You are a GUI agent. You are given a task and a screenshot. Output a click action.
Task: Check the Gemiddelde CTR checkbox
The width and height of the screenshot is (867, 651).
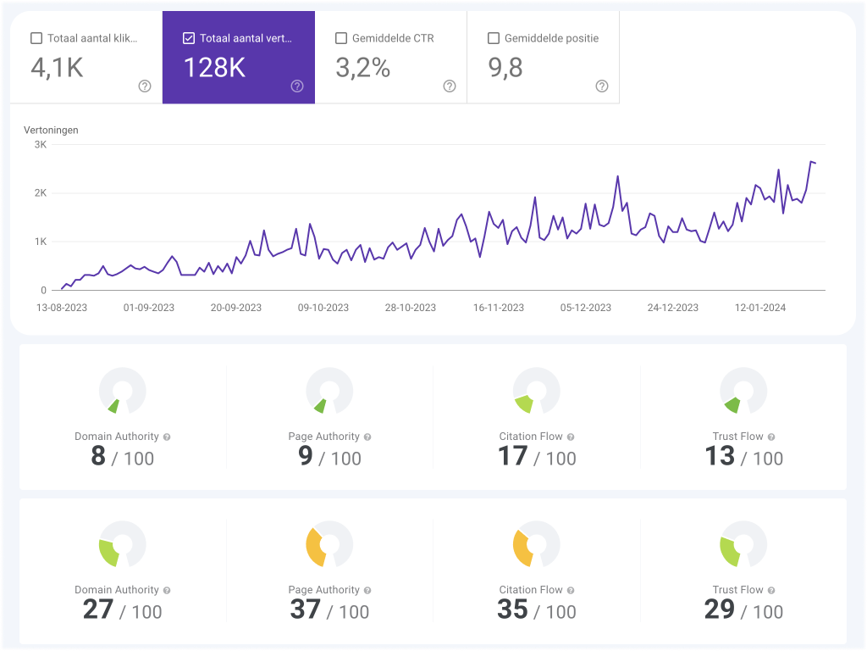[341, 38]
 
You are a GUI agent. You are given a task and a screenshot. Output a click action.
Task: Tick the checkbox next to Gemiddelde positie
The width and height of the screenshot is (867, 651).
[494, 38]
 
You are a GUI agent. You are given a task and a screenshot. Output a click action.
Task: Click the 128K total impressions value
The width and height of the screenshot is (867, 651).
[214, 68]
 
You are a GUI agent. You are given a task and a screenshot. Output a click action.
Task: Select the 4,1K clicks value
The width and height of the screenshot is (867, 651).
[57, 68]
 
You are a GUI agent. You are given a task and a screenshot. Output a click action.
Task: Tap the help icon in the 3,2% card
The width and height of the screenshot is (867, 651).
[450, 86]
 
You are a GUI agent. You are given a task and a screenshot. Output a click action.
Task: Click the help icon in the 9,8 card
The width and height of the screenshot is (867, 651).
[602, 86]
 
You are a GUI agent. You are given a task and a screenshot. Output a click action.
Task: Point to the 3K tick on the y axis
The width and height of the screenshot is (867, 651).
[40, 144]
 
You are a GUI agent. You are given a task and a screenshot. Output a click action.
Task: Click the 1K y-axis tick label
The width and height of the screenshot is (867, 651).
[40, 242]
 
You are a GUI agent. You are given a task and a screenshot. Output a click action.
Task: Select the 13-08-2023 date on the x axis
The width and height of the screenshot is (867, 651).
[61, 308]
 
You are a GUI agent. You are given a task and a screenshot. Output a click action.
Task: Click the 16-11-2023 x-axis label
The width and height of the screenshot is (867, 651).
[499, 308]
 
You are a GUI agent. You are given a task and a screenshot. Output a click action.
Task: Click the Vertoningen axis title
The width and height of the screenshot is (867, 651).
[51, 130]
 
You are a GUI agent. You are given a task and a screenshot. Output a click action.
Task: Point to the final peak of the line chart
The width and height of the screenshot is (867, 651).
[810, 161]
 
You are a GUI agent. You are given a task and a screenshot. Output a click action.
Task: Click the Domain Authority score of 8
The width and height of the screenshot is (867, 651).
[98, 457]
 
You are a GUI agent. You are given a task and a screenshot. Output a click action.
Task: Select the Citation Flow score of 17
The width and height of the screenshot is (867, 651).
[513, 457]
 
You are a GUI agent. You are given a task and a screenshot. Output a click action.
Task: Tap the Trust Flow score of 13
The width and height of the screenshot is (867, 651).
[720, 457]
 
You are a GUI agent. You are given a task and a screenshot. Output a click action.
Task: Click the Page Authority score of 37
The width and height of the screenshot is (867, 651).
[306, 609]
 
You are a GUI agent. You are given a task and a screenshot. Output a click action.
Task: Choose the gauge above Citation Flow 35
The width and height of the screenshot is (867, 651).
[537, 544]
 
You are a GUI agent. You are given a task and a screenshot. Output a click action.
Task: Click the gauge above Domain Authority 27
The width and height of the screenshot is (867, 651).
[122, 544]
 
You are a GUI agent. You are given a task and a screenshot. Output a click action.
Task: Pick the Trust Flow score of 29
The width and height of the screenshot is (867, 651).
[720, 609]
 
